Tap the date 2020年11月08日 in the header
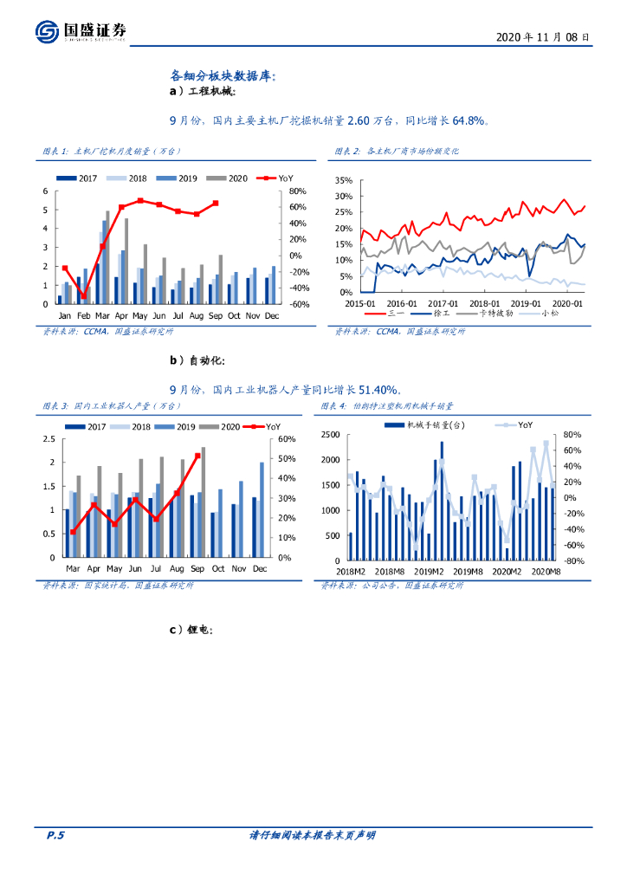point(543,38)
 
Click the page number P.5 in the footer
point(55,835)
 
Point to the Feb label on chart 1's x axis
point(83,316)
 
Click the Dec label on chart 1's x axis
point(271,316)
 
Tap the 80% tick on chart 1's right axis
point(298,191)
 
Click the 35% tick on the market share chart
point(344,181)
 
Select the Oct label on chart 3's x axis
point(217,568)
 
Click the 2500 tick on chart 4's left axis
point(332,435)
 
